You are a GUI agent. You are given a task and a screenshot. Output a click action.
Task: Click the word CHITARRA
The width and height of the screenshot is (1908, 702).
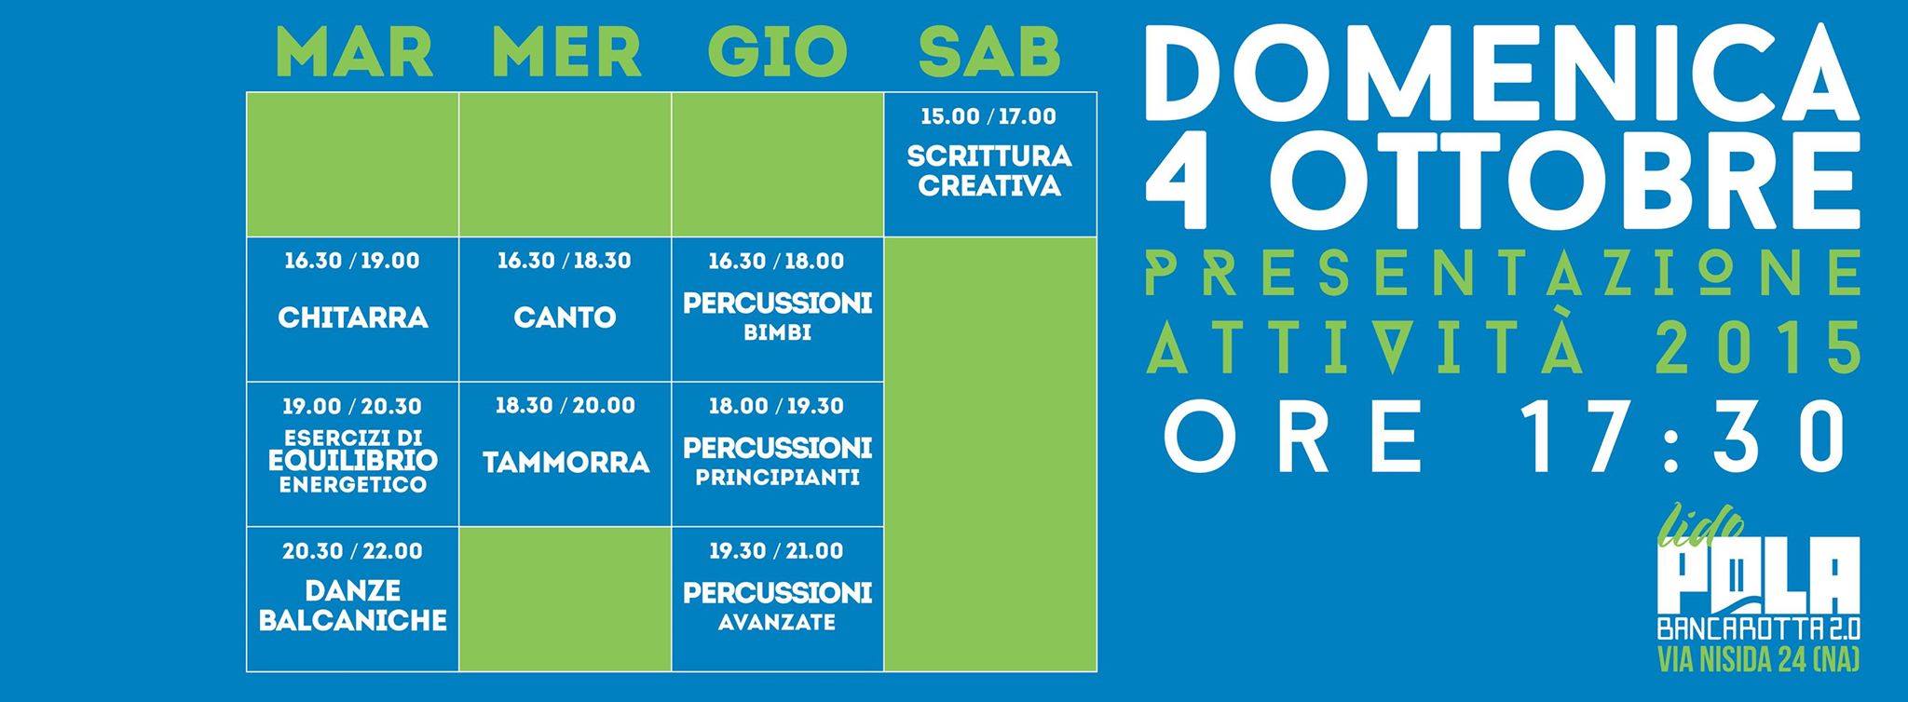click(x=353, y=317)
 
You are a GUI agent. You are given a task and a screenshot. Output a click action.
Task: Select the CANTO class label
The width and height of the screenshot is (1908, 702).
click(x=565, y=317)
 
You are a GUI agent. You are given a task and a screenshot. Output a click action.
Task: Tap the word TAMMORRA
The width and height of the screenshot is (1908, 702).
click(x=566, y=463)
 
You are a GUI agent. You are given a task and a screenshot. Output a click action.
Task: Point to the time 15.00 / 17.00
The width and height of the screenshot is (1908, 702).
click(x=988, y=117)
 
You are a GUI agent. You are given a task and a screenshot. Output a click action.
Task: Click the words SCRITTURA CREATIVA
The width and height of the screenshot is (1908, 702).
click(x=989, y=170)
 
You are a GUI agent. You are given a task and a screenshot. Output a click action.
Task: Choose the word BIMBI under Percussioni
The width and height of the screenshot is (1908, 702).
click(x=777, y=332)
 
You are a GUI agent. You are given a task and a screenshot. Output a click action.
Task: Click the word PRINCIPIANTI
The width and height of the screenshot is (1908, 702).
click(x=777, y=479)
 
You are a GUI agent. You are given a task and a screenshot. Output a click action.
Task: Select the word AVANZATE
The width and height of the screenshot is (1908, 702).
click(x=777, y=623)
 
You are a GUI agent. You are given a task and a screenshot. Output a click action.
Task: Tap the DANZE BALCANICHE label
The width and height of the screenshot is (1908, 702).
click(x=353, y=606)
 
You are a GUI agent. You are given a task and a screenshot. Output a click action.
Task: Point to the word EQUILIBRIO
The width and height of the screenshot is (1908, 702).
click(x=352, y=460)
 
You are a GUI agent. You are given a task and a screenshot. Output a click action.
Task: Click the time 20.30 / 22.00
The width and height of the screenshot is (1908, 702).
click(x=352, y=551)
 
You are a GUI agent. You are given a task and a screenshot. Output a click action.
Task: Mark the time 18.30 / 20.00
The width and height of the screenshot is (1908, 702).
click(x=566, y=406)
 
